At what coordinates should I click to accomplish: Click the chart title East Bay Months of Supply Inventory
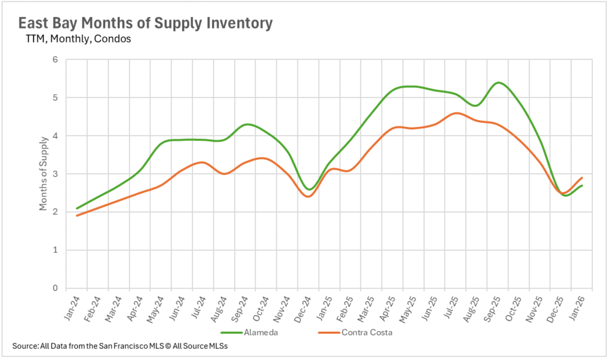(x=145, y=23)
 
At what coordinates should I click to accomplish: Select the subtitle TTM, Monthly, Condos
(x=78, y=39)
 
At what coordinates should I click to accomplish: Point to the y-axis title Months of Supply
(x=43, y=173)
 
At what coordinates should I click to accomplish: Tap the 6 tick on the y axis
(x=55, y=60)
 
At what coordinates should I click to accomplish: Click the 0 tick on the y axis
(x=55, y=288)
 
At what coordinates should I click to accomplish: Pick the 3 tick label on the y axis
(x=55, y=174)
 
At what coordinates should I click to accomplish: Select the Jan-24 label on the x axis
(x=72, y=308)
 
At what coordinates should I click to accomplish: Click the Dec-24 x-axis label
(x=303, y=309)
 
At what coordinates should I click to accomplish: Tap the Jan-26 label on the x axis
(x=577, y=308)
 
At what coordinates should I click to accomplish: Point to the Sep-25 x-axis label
(x=492, y=309)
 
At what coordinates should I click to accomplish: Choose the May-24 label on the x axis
(x=155, y=309)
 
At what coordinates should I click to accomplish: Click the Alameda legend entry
(x=260, y=332)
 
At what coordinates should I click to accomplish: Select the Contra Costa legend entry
(x=367, y=332)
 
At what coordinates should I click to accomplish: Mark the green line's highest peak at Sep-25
(x=498, y=82)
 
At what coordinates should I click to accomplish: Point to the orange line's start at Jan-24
(x=77, y=216)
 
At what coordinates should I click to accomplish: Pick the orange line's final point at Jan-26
(x=582, y=178)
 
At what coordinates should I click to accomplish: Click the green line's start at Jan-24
(x=77, y=208)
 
